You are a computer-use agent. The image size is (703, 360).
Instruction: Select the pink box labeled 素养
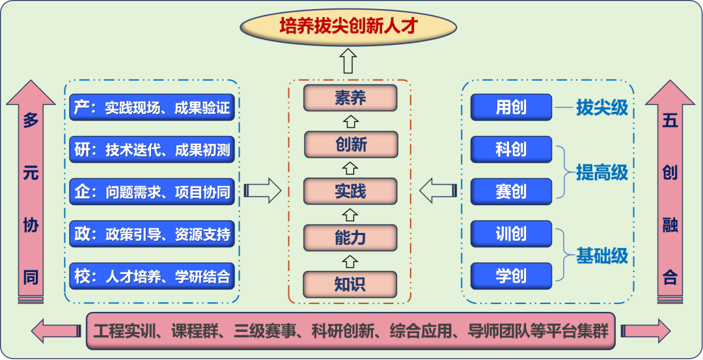click(350, 98)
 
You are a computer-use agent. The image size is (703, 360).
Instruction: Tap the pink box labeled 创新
click(350, 145)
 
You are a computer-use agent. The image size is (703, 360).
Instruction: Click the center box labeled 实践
click(350, 191)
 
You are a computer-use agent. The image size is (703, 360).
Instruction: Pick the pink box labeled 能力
click(350, 238)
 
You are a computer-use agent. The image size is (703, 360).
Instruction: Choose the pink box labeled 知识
click(350, 284)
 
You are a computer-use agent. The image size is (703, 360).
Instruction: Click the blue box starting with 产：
click(152, 107)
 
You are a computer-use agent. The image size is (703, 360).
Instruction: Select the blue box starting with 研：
click(152, 150)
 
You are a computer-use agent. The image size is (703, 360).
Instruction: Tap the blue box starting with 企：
click(152, 192)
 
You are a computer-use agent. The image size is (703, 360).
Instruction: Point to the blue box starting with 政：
click(152, 234)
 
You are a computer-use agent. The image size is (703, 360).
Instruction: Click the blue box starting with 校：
click(152, 276)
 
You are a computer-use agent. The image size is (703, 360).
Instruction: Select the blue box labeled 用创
click(511, 107)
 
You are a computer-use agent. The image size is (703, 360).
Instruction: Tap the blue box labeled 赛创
click(511, 192)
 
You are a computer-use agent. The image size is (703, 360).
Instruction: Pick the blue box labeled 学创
click(511, 276)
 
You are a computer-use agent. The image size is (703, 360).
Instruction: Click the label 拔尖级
click(602, 107)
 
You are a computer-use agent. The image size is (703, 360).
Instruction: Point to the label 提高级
click(602, 172)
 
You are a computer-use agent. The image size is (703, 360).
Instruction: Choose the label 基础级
click(602, 256)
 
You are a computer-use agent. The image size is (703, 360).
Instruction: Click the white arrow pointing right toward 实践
click(264, 191)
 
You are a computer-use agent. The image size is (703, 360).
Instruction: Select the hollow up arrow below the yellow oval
click(349, 61)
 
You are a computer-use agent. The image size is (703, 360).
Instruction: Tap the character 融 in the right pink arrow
click(670, 226)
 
